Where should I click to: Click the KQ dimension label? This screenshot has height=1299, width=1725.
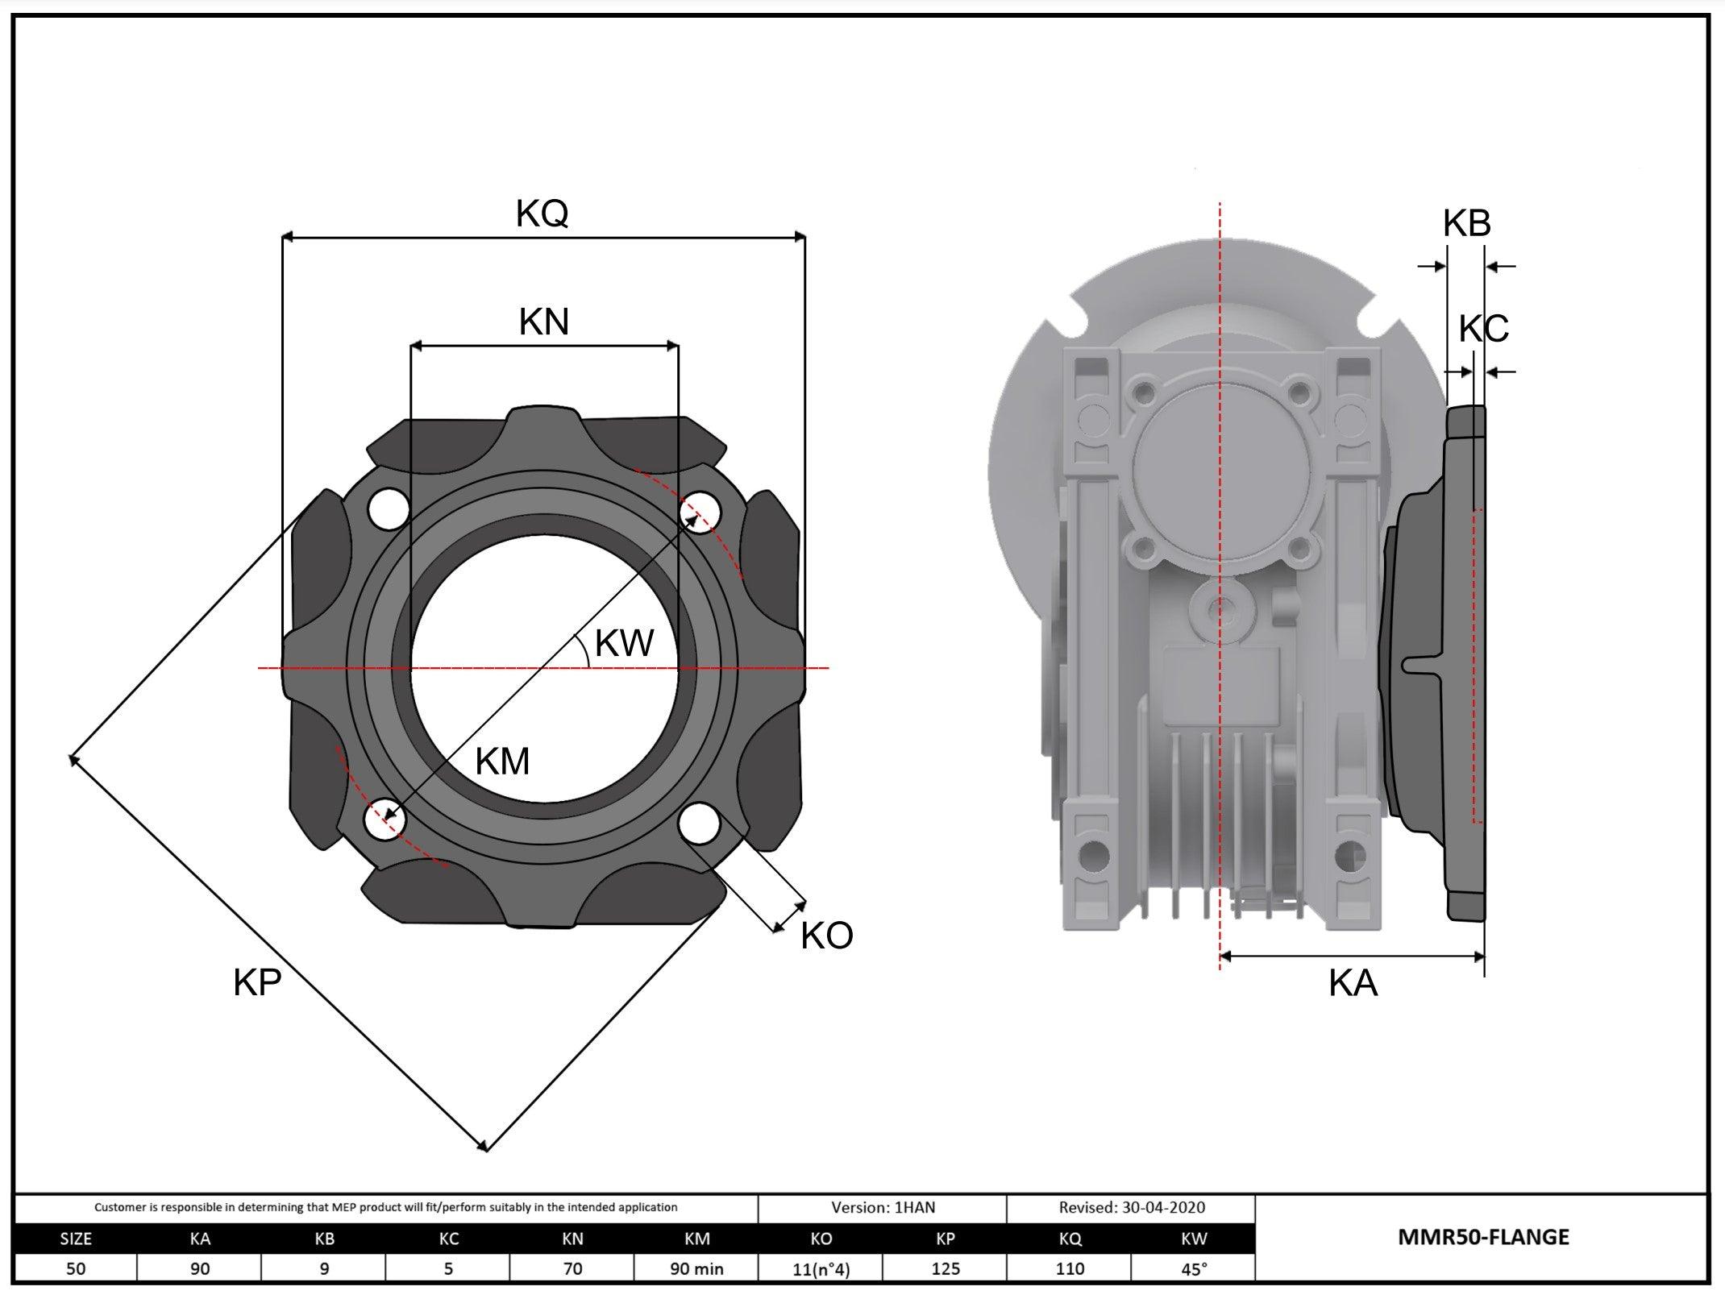click(x=542, y=214)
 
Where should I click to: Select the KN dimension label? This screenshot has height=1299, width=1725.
click(x=544, y=322)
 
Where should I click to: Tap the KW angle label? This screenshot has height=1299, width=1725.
click(x=624, y=643)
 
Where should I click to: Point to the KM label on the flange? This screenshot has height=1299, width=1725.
click(x=502, y=762)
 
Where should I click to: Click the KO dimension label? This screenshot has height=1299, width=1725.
click(x=826, y=936)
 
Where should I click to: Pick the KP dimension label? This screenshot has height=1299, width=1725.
click(x=257, y=983)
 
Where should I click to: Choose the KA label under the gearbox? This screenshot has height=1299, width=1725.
click(x=1353, y=984)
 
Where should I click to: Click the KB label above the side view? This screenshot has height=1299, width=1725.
click(x=1466, y=223)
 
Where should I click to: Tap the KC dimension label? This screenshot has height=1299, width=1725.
click(x=1483, y=329)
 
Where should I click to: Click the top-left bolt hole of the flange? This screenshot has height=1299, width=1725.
click(x=388, y=508)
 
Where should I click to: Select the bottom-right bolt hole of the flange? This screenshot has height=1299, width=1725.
click(x=699, y=824)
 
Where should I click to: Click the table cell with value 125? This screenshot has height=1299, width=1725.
click(x=945, y=1268)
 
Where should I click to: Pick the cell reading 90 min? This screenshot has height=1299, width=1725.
click(x=696, y=1268)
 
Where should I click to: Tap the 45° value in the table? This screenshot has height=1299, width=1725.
click(x=1194, y=1268)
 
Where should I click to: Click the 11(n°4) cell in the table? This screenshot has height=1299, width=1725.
click(x=821, y=1269)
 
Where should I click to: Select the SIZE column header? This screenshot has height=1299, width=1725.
click(x=76, y=1239)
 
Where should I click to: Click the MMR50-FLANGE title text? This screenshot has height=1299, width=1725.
click(x=1483, y=1237)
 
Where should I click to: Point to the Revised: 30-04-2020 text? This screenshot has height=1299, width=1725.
click(x=1132, y=1207)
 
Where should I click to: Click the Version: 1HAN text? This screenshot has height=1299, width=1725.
click(x=883, y=1207)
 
